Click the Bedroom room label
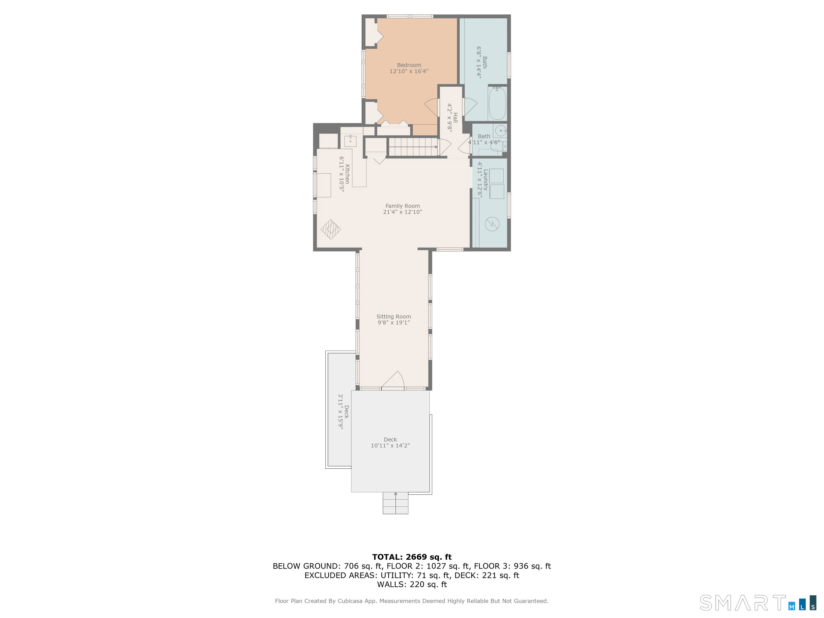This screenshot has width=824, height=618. [409, 65]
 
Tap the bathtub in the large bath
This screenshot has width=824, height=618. [497, 103]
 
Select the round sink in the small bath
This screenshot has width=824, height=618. [501, 131]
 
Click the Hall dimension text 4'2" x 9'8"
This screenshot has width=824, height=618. [450, 118]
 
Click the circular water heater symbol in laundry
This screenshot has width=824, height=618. [492, 224]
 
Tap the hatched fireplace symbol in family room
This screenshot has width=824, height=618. [330, 229]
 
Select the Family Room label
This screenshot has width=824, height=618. [402, 206]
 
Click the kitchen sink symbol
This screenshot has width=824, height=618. [350, 141]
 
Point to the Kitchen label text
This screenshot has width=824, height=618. [347, 174]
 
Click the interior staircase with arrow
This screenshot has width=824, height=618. [413, 147]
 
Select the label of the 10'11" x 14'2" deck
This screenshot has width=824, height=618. [390, 440]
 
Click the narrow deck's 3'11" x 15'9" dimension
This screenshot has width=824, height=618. [340, 412]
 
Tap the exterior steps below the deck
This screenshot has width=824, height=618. [395, 503]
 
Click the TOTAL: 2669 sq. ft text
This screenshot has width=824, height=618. [412, 557]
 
